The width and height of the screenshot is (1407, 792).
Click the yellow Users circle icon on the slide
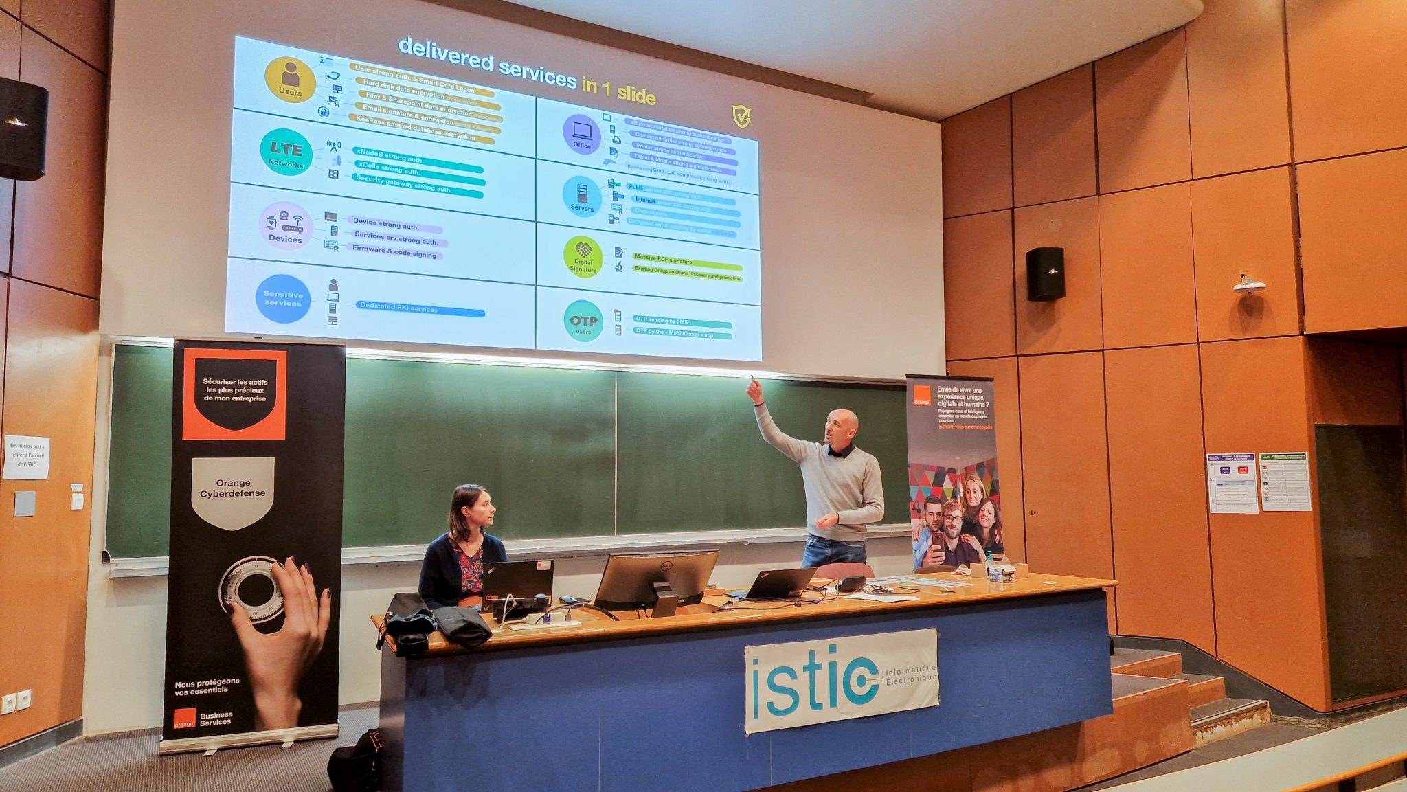tap(290, 80)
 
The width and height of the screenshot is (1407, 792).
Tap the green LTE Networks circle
tap(286, 152)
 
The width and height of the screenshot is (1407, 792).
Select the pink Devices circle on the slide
tap(285, 226)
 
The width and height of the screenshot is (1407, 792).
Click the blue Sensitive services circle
tap(282, 298)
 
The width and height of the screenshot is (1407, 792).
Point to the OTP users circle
tap(583, 321)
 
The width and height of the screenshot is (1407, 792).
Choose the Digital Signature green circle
tap(583, 257)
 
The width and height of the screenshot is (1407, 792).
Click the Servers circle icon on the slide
tap(582, 196)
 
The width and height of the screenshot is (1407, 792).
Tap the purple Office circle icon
tap(582, 134)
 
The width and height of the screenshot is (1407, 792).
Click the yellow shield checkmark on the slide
tap(741, 117)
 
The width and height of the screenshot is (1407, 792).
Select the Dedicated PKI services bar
tap(420, 309)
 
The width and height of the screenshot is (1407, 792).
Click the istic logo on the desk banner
tap(841, 680)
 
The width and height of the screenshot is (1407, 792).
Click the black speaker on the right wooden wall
tap(1045, 273)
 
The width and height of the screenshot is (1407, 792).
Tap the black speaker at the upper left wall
tap(23, 129)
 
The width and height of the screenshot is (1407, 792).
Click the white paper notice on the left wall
tap(26, 457)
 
